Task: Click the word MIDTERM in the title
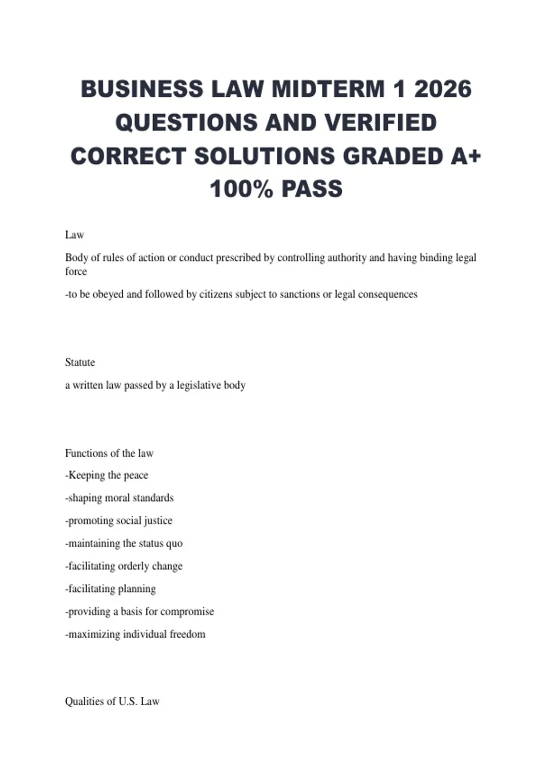click(x=328, y=89)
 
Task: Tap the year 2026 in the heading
click(x=443, y=89)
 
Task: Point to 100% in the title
click(x=241, y=189)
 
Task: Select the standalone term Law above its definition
click(x=75, y=235)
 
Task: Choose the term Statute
click(x=80, y=362)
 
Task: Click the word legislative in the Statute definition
click(x=199, y=385)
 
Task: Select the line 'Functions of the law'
click(x=109, y=453)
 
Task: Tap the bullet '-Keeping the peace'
click(x=107, y=475)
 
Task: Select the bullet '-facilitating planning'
click(x=110, y=589)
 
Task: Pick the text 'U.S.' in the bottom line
click(x=128, y=701)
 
